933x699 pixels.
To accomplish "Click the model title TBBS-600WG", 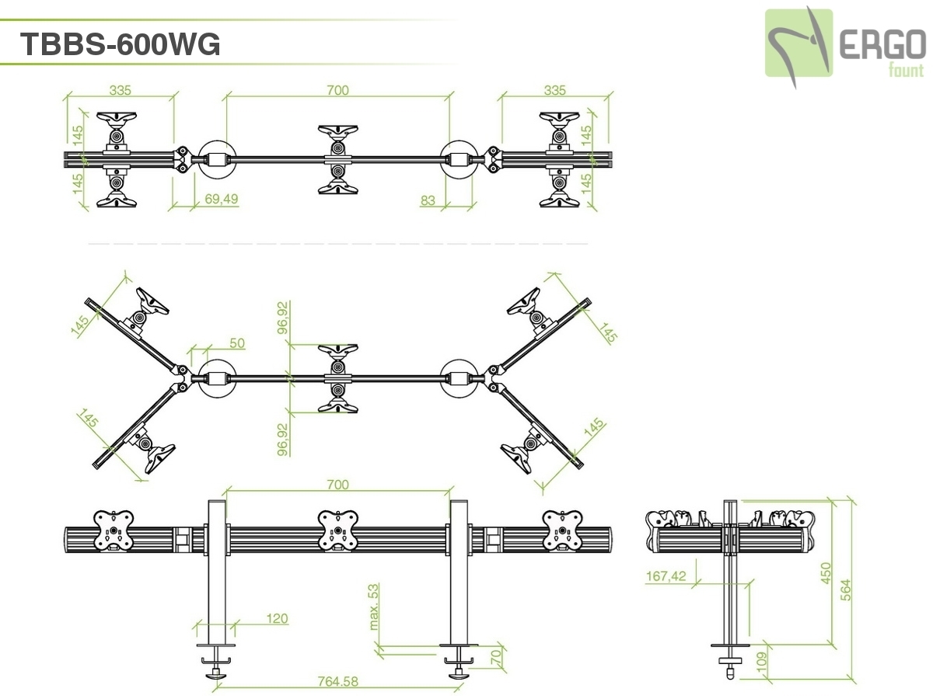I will pos(120,44).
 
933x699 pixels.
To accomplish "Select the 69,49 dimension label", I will pos(222,199).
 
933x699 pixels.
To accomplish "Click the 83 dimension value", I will pos(428,200).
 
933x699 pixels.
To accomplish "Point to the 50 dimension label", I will pos(237,343).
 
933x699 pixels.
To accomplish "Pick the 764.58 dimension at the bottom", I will pos(338,681).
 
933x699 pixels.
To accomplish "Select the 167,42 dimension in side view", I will pos(666,576).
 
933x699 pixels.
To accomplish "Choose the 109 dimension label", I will pos(762,662).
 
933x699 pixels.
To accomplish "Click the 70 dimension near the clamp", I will pos(496,657).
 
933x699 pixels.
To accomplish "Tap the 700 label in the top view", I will pos(337,90).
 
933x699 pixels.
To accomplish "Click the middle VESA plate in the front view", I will pos(338,530).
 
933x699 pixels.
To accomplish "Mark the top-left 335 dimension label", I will pos(121,90).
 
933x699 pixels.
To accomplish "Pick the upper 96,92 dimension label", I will pos(284,317).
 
